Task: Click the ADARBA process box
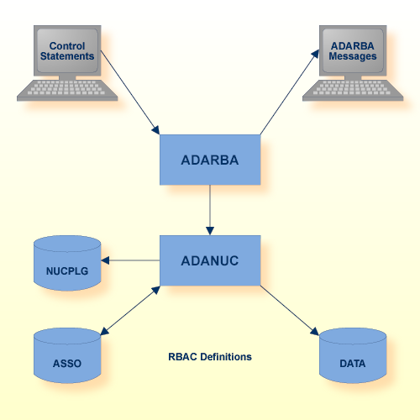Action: pos(210,160)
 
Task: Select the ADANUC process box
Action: pos(210,260)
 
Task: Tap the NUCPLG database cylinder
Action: pos(66,265)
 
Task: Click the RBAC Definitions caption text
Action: pos(210,357)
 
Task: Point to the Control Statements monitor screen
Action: pos(67,50)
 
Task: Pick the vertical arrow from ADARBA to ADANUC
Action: pos(210,210)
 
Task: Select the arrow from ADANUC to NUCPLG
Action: pos(130,260)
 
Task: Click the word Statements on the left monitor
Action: pos(67,56)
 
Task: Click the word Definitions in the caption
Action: pos(225,357)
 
